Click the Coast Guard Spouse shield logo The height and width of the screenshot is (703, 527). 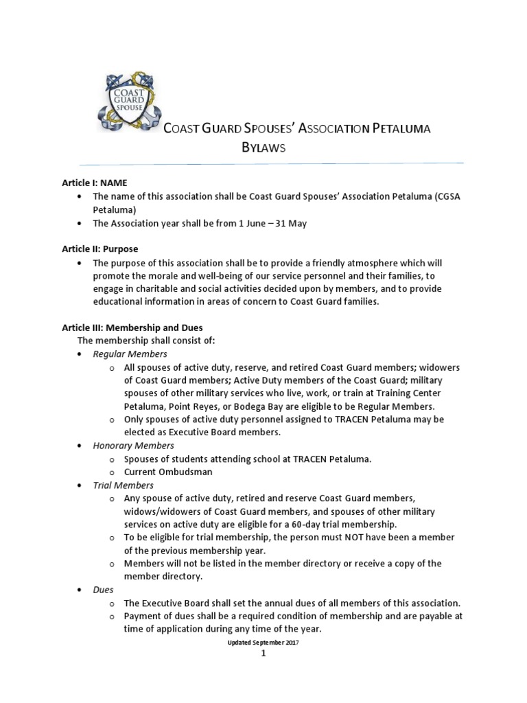pos(129,104)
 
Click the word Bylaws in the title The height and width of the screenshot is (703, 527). pos(263,148)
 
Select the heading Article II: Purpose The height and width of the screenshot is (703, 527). pos(100,249)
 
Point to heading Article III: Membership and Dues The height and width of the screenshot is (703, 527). pos(132,327)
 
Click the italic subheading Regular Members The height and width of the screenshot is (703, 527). pos(130,354)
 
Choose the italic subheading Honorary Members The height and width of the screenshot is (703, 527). pos(134,446)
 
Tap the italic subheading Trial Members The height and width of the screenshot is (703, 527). pos(124,485)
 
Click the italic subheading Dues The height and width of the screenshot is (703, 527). pos(104,589)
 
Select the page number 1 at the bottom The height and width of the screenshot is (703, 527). pos(263,653)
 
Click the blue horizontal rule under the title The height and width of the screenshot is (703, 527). pos(271,164)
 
